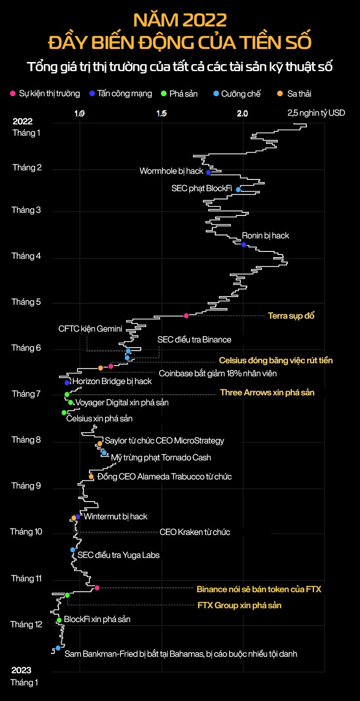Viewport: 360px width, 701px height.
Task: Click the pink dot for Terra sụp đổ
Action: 186,316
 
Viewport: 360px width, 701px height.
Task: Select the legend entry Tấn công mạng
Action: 121,94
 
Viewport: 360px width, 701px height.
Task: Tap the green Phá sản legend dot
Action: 164,94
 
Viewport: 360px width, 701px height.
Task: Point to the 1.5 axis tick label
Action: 161,114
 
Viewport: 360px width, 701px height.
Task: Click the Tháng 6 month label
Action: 26,348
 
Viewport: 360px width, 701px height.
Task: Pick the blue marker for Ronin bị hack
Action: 244,245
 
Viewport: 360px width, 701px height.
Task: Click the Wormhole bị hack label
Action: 171,171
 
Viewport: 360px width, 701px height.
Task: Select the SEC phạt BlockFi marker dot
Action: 238,189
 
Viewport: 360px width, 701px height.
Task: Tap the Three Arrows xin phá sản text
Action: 267,392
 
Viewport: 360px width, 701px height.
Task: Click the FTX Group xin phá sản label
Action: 239,605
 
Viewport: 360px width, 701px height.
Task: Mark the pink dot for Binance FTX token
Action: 97,588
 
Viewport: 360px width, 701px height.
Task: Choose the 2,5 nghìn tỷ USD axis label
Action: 316,113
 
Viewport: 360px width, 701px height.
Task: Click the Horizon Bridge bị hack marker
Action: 67,382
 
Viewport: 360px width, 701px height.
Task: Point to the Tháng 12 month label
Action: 26,624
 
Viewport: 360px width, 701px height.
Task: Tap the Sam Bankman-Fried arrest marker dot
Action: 58,648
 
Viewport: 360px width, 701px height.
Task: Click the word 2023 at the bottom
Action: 21,670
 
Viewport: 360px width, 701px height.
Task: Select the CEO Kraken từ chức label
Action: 195,532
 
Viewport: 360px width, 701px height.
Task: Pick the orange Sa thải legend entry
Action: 295,94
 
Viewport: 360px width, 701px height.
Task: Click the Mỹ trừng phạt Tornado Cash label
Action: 161,457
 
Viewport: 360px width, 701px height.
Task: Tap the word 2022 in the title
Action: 204,20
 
